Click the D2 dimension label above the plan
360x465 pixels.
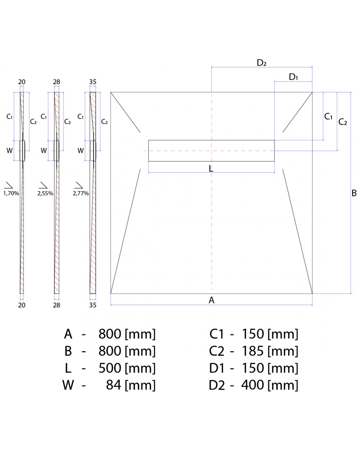point(261,63)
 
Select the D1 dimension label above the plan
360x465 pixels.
point(293,77)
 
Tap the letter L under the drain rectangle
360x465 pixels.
point(211,169)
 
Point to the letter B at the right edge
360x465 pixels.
point(354,193)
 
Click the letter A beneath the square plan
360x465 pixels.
point(211,300)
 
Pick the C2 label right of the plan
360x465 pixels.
point(343,122)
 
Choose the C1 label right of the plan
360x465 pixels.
point(328,116)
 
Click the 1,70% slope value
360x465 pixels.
point(11,193)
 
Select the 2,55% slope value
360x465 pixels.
point(45,193)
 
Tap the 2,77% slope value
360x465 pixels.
point(81,193)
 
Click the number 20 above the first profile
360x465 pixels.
point(22,82)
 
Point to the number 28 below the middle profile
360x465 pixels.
point(57,305)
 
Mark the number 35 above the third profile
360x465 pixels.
point(93,82)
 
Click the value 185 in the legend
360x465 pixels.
point(253,351)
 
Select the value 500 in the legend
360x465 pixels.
point(110,368)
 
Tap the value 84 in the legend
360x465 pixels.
point(114,385)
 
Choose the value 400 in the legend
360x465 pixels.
point(253,385)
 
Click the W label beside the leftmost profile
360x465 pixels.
point(9,151)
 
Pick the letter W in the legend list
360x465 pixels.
point(68,385)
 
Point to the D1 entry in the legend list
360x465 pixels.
point(217,368)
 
